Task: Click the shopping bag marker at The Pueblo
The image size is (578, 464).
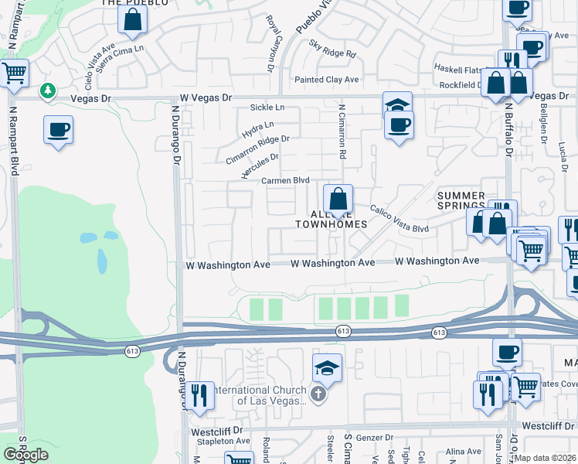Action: (x=132, y=19)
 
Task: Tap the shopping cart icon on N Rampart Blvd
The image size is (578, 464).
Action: (x=15, y=73)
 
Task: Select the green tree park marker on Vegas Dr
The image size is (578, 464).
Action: (x=48, y=91)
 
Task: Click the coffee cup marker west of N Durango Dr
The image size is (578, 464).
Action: (x=58, y=128)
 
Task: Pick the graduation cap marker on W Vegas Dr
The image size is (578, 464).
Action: (x=398, y=105)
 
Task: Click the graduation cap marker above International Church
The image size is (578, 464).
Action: (x=328, y=367)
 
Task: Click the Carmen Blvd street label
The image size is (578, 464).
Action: (x=285, y=180)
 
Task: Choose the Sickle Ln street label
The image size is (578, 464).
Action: (x=267, y=107)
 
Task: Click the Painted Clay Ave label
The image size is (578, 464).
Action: (x=327, y=80)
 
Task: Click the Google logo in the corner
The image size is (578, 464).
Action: (x=26, y=455)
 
